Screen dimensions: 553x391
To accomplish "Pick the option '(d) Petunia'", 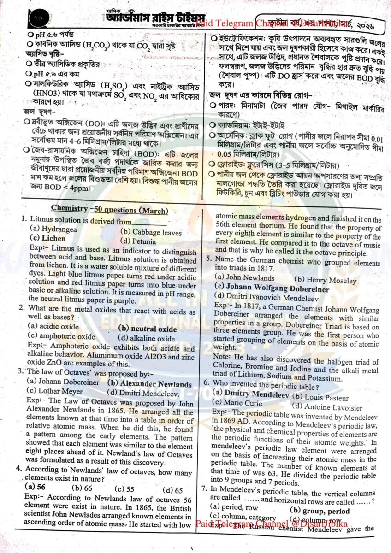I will (x=139, y=241).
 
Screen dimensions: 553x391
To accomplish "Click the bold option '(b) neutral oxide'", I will (x=147, y=329).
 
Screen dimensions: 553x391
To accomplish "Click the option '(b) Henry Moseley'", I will (x=325, y=280).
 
